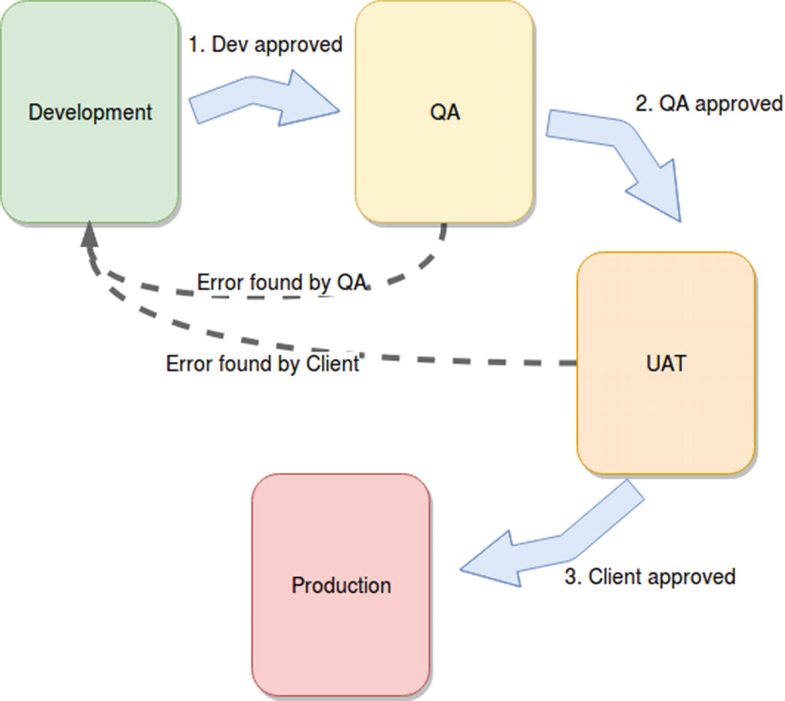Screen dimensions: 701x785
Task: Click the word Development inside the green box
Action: point(90,112)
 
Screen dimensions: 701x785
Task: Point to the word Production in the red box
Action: point(341,585)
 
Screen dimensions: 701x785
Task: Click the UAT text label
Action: point(666,364)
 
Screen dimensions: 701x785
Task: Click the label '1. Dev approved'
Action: point(265,45)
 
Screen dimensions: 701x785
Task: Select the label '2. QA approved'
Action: point(709,104)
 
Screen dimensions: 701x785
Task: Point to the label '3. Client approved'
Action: point(650,577)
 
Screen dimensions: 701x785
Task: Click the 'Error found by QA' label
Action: point(282,283)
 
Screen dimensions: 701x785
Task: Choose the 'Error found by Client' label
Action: point(263,364)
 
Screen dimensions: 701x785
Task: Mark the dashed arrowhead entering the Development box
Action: point(90,234)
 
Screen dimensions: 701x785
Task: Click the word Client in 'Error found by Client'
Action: point(333,364)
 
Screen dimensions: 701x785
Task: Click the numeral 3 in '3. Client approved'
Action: point(571,577)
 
